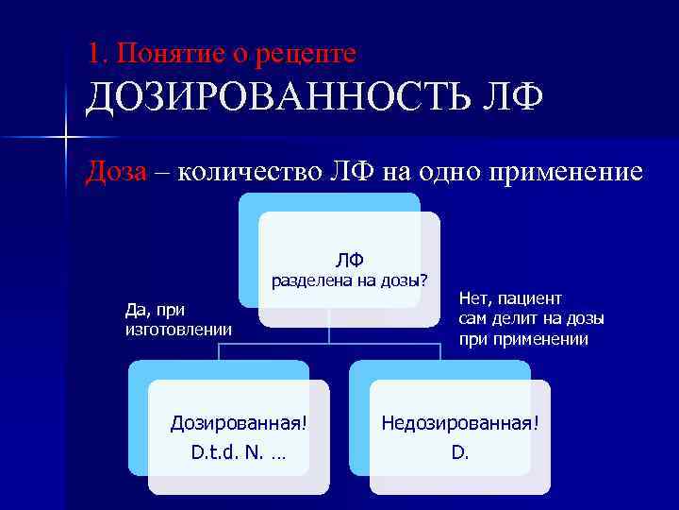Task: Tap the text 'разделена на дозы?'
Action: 349,281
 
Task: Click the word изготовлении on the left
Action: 177,328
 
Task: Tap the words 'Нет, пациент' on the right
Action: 510,299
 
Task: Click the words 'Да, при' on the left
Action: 155,310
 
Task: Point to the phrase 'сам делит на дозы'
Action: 531,318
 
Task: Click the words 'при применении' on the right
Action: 523,338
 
